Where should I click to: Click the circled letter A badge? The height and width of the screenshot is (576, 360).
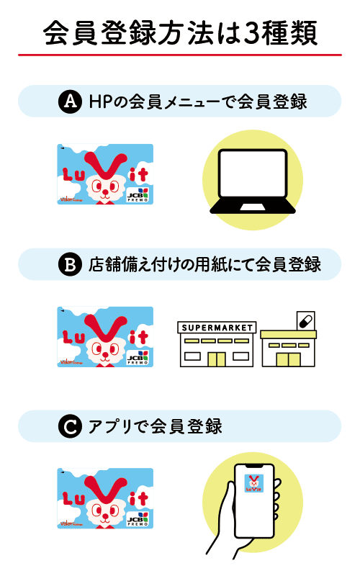click(x=70, y=101)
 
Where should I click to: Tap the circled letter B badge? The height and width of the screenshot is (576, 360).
click(x=70, y=264)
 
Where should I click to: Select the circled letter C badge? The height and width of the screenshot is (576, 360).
click(x=70, y=426)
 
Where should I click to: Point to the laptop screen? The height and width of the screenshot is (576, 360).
click(x=253, y=174)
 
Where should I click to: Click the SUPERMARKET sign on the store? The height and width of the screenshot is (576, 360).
click(x=217, y=328)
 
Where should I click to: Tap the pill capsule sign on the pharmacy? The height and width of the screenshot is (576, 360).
click(x=305, y=321)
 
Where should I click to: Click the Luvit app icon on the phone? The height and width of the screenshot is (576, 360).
click(x=254, y=483)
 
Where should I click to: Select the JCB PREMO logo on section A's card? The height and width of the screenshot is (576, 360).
click(x=138, y=194)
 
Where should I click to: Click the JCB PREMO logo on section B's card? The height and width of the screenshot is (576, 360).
click(x=138, y=357)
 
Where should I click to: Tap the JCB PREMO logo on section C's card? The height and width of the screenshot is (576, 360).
click(x=138, y=519)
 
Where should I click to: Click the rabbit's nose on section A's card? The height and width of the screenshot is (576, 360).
click(x=105, y=192)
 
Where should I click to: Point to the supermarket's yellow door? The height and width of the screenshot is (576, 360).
click(x=217, y=359)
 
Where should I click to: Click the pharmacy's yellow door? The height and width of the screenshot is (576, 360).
click(x=289, y=359)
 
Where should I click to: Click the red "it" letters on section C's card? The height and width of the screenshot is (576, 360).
click(x=138, y=499)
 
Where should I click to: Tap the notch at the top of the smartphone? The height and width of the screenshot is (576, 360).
click(x=254, y=466)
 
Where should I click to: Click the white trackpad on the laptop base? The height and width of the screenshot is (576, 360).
click(x=253, y=207)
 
